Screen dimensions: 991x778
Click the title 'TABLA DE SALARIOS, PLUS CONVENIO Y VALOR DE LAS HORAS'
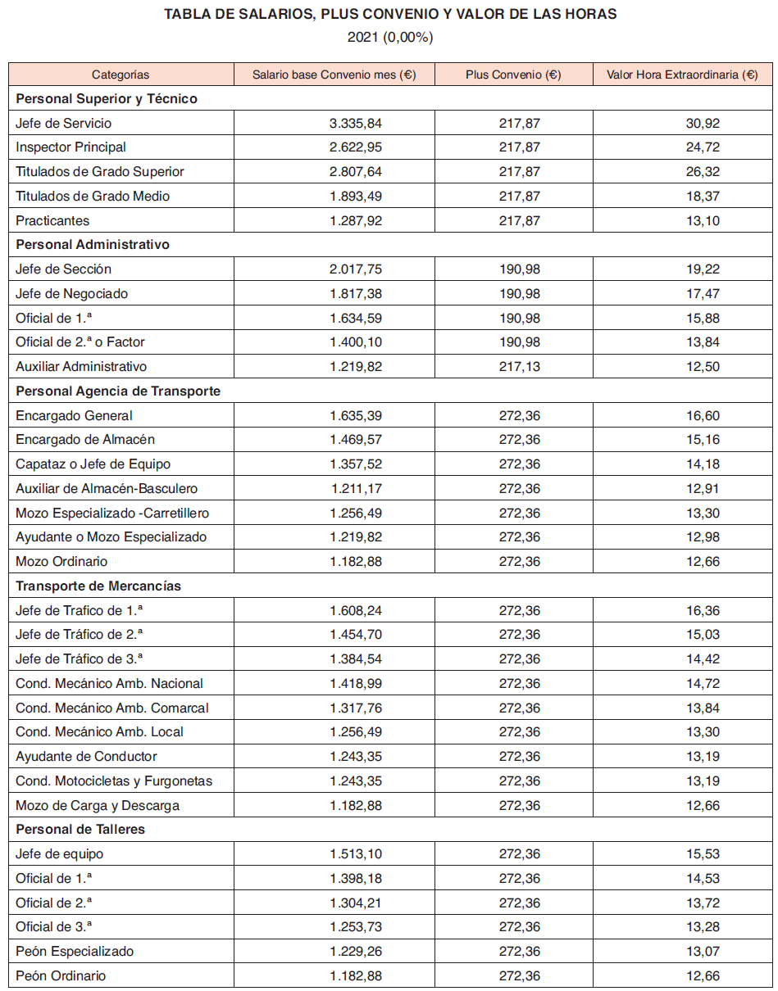[x=390, y=15]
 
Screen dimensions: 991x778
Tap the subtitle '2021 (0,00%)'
[x=390, y=37]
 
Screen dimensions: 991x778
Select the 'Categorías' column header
[x=121, y=75]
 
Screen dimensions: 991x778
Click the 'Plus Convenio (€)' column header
[x=513, y=75]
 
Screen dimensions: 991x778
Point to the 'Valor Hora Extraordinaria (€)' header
[x=682, y=75]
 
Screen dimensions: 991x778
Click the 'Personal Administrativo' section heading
[x=93, y=245]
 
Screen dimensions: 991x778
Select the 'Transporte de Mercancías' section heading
[x=98, y=586]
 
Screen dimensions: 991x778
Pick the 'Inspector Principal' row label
[x=71, y=147]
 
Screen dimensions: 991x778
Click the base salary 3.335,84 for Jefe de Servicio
[x=356, y=123]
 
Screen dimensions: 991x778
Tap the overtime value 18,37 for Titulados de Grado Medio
[x=703, y=196]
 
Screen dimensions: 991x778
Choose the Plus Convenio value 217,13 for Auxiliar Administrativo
[x=520, y=366]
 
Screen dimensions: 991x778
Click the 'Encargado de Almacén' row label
[x=85, y=440]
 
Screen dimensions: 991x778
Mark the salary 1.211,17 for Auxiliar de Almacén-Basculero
[x=357, y=488]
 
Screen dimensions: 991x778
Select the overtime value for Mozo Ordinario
[x=703, y=561]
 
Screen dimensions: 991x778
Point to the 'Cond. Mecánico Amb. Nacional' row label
[x=109, y=683]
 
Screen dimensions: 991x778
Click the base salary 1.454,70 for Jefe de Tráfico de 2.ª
[x=356, y=634]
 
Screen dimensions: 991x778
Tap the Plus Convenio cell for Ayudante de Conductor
[x=520, y=756]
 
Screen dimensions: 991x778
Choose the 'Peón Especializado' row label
[x=75, y=951]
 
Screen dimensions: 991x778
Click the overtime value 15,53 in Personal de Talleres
[x=703, y=853]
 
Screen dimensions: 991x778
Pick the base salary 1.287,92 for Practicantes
[x=356, y=220]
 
